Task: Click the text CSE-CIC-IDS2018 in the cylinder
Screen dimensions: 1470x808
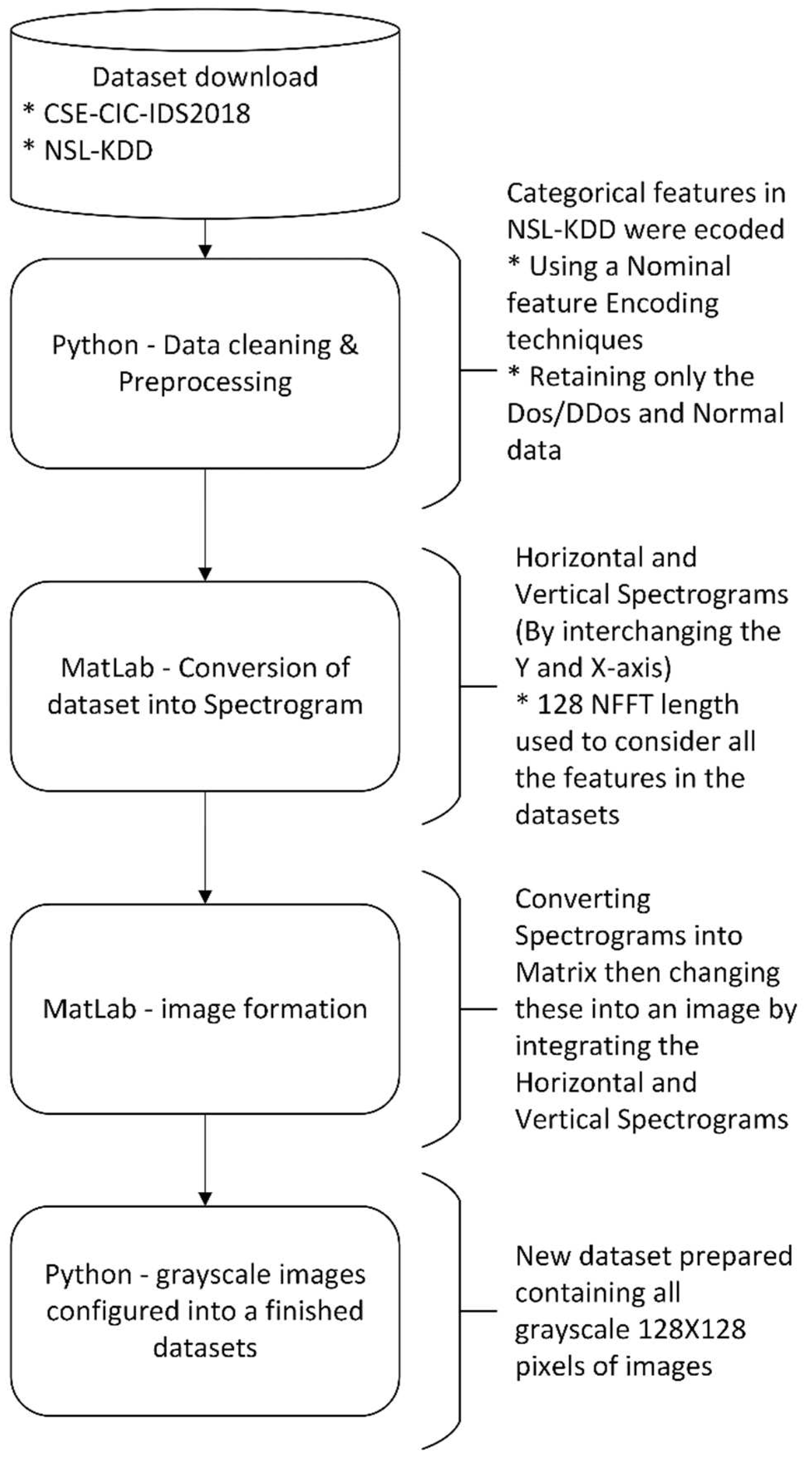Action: [x=147, y=113]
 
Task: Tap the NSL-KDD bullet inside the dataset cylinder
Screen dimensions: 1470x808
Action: [x=98, y=151]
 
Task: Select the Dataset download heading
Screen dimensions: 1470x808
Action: [x=205, y=77]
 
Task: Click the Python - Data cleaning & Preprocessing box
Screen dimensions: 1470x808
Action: [x=205, y=363]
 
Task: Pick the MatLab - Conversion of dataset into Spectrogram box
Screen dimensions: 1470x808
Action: [x=205, y=686]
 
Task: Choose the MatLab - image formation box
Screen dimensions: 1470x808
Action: [x=205, y=1009]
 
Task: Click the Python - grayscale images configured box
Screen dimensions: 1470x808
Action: [x=205, y=1311]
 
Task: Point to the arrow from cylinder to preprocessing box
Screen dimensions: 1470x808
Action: [x=205, y=238]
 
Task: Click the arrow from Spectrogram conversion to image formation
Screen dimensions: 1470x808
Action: [x=205, y=847]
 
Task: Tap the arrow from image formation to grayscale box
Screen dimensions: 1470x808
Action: [x=205, y=1160]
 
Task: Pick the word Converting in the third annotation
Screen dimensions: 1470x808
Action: [x=582, y=899]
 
